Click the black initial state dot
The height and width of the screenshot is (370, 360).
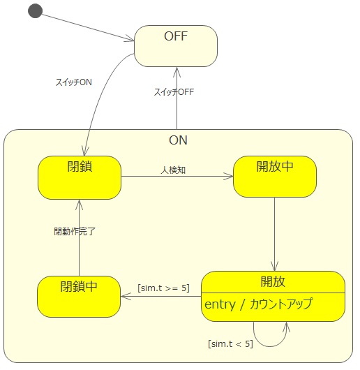click(x=35, y=11)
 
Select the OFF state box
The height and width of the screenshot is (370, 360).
click(x=176, y=46)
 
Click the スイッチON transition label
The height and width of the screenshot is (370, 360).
click(x=73, y=82)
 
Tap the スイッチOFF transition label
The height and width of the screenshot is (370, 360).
click(x=174, y=91)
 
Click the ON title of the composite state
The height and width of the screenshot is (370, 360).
click(x=178, y=140)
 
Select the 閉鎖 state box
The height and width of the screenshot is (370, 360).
click(x=80, y=177)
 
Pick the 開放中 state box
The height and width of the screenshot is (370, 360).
click(x=275, y=177)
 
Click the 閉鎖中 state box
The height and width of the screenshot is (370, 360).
click(x=79, y=297)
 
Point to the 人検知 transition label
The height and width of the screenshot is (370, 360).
click(x=173, y=170)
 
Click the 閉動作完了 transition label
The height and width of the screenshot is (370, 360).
click(x=75, y=231)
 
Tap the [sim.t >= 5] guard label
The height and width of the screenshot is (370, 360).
click(x=164, y=288)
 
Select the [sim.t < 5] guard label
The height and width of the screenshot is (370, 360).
click(x=230, y=343)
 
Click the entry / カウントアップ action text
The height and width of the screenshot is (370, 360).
click(x=259, y=304)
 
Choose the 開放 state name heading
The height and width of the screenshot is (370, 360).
click(x=273, y=281)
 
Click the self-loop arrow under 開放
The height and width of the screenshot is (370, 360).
click(x=269, y=346)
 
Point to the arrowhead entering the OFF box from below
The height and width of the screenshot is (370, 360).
click(x=177, y=72)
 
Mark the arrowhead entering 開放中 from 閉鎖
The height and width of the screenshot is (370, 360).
click(x=228, y=176)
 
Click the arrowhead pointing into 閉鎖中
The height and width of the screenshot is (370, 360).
click(x=126, y=296)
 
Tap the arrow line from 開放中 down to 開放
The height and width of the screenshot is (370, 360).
click(x=274, y=234)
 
